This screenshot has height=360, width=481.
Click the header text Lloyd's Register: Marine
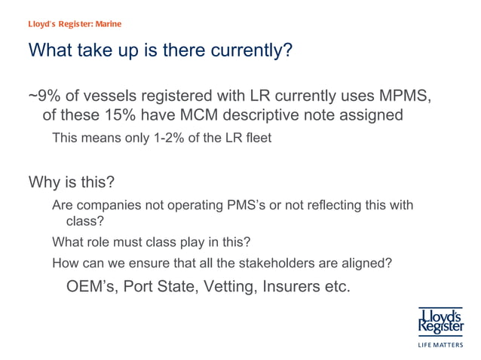tap(74, 23)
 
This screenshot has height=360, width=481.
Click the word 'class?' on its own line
tap(84, 221)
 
